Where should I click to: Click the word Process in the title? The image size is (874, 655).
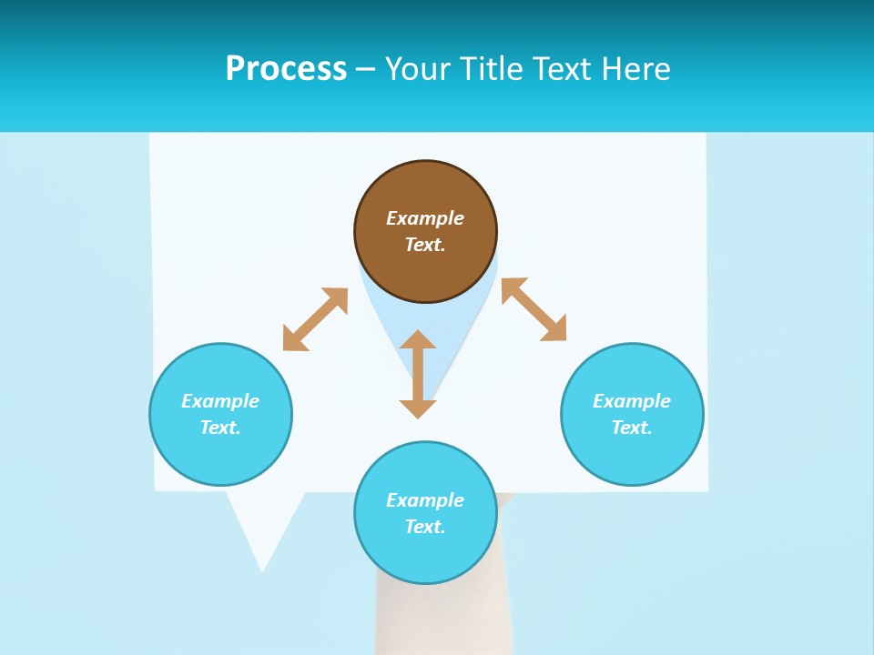click(x=286, y=69)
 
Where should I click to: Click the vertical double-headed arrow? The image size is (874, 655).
click(x=418, y=374)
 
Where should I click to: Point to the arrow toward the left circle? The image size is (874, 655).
click(x=315, y=319)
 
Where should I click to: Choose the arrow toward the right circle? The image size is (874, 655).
click(x=534, y=309)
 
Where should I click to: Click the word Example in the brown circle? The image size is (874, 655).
click(x=425, y=218)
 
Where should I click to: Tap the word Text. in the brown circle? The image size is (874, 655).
click(x=425, y=245)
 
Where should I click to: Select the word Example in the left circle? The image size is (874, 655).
click(x=220, y=401)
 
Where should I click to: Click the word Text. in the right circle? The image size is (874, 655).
click(x=632, y=428)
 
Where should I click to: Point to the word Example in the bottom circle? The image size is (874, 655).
click(x=425, y=500)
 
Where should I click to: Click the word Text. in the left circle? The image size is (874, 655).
click(x=220, y=428)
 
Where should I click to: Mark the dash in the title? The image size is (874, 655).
click(x=365, y=69)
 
